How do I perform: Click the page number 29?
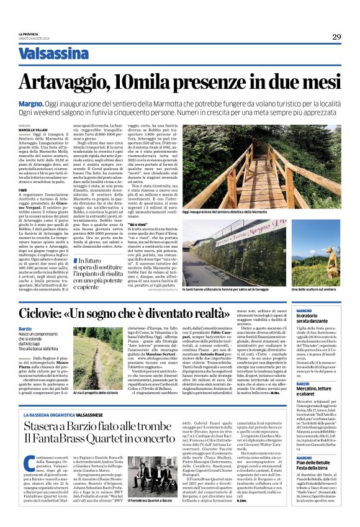tap(336, 37)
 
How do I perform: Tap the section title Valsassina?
tap(53, 54)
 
